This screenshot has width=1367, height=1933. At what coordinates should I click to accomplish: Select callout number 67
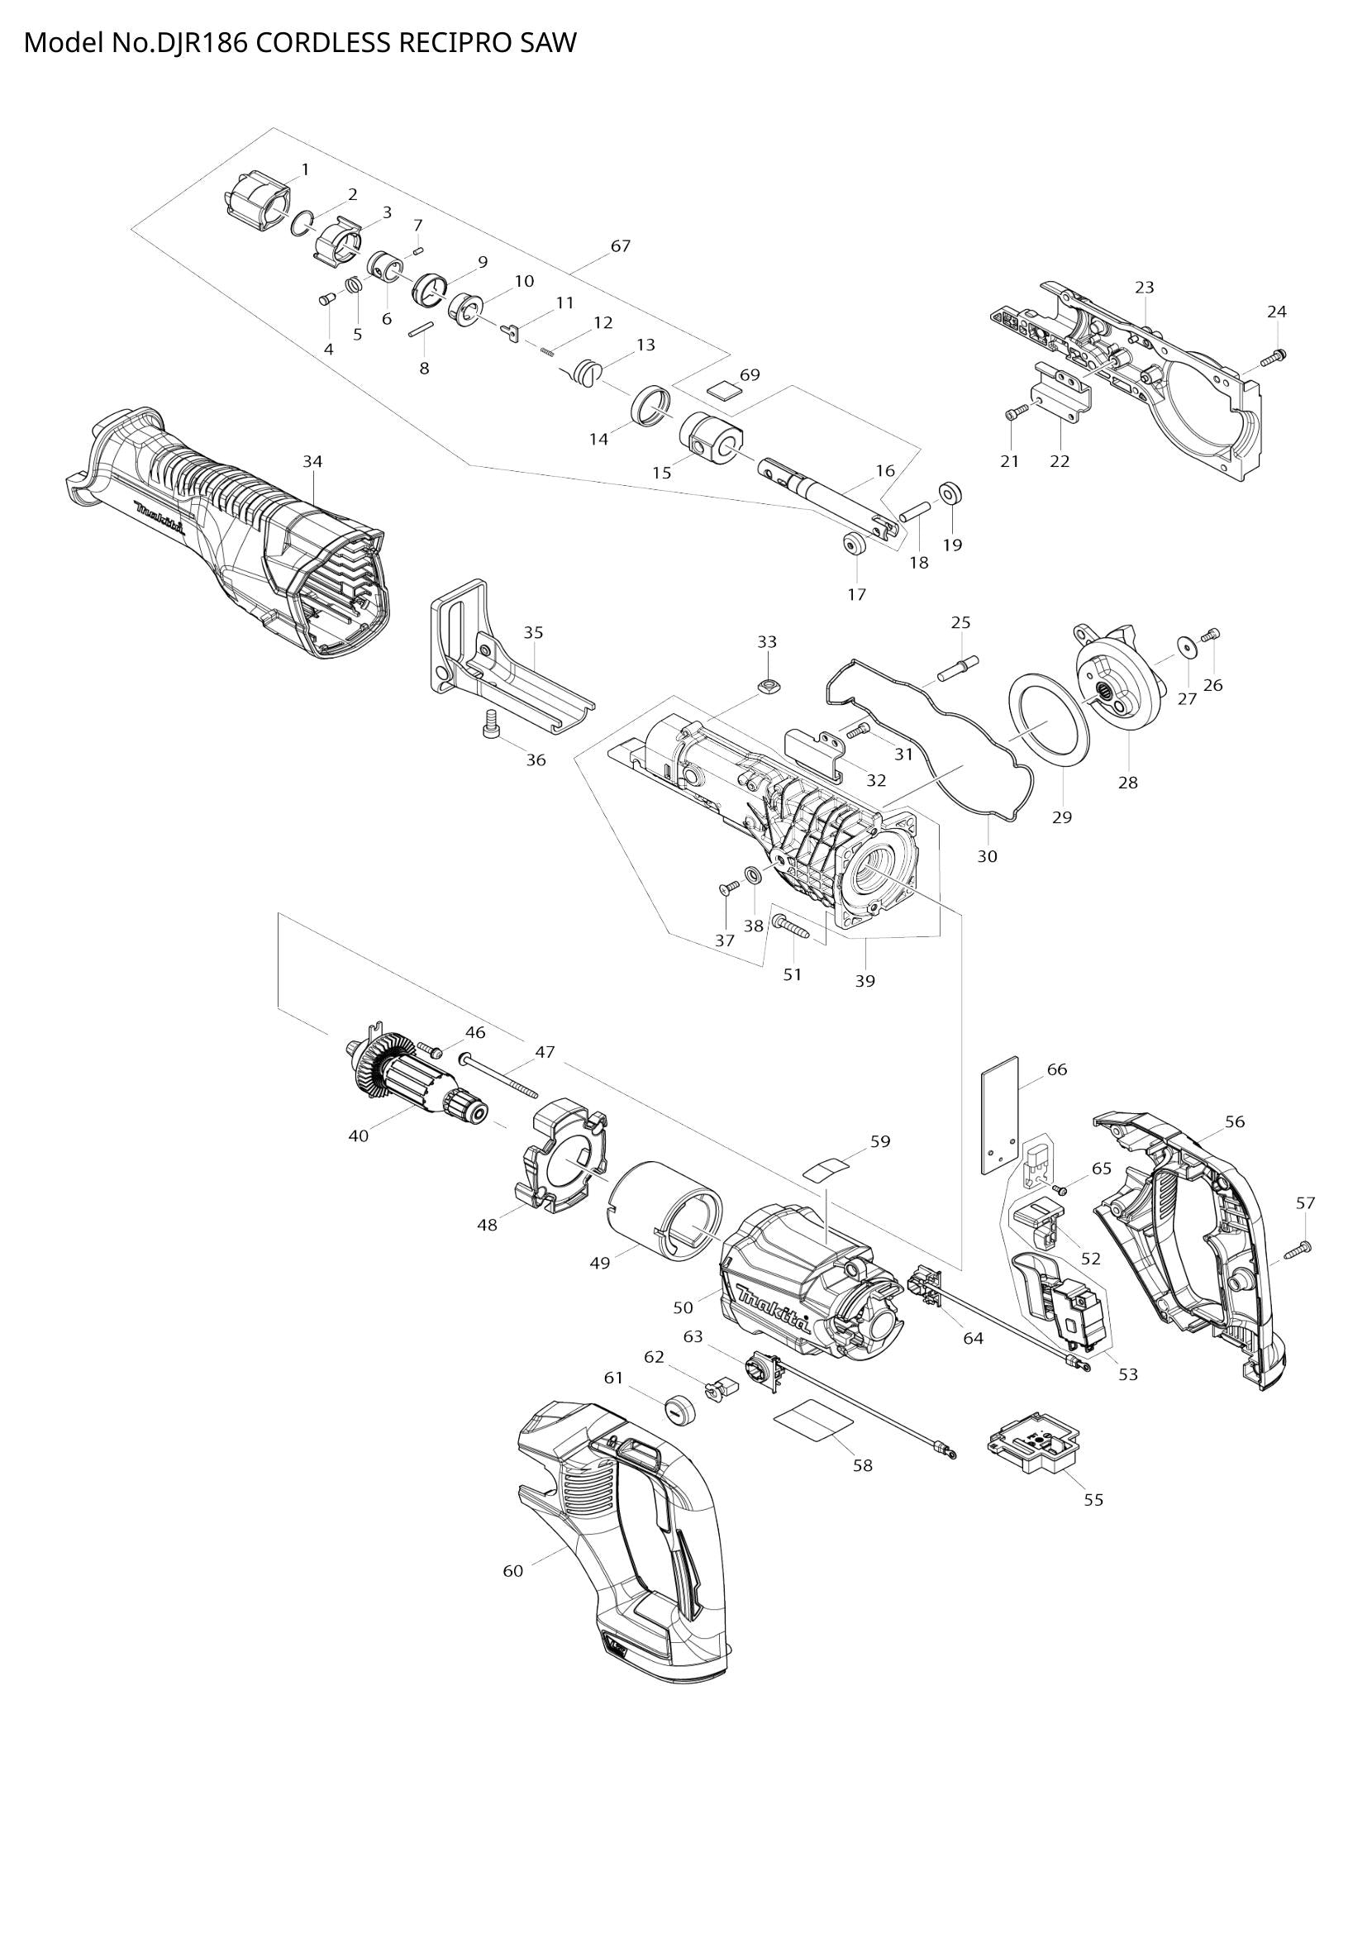(x=621, y=246)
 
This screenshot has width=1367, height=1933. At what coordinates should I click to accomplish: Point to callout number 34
(x=312, y=461)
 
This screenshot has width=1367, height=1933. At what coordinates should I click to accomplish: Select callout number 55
(x=1093, y=1499)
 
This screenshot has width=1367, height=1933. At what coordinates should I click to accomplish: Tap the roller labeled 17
(x=855, y=544)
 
